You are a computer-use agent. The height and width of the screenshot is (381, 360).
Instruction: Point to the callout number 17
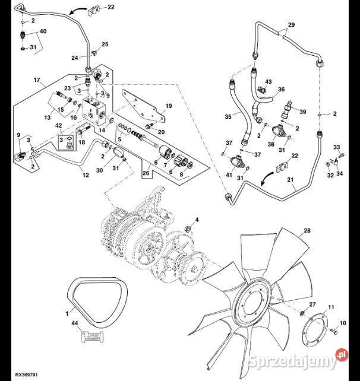point(36,80)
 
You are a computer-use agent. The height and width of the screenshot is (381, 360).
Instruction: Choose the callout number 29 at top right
point(290,26)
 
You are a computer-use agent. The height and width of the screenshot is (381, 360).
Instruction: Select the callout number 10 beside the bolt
point(342,323)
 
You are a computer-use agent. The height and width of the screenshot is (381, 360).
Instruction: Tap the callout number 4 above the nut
point(197,220)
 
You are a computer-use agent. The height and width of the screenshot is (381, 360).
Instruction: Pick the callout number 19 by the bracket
point(168,106)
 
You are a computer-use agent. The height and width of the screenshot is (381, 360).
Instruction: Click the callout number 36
point(281,90)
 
